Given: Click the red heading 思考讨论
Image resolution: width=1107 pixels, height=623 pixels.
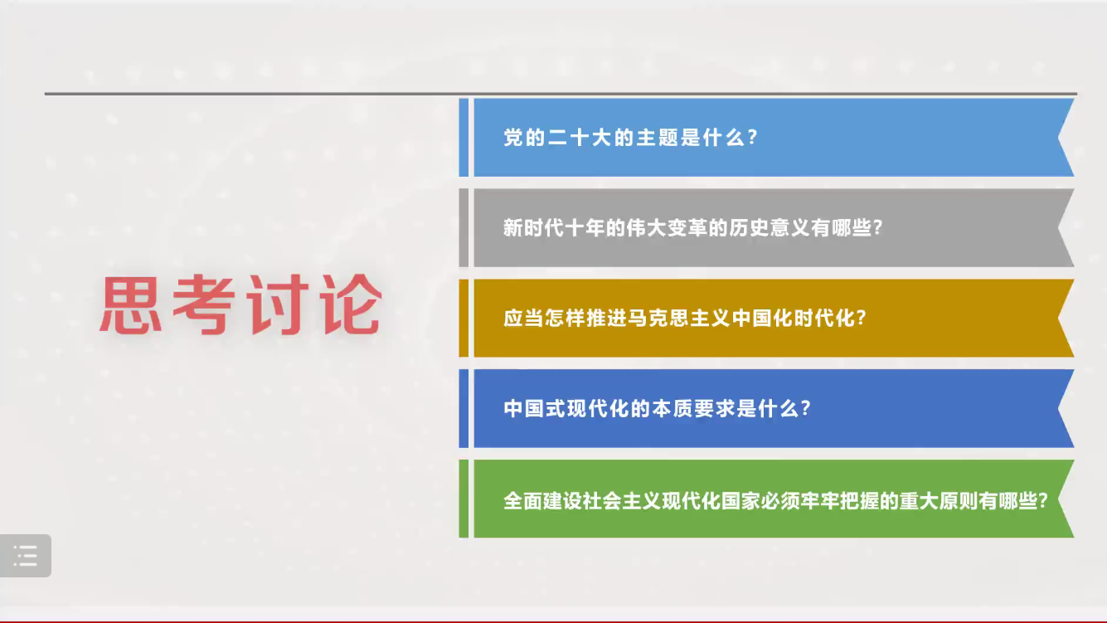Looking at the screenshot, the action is point(240,304).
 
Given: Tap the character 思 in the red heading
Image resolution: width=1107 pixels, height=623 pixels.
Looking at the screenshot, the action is point(131,304).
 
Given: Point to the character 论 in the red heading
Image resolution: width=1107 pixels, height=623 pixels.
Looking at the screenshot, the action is point(351,304).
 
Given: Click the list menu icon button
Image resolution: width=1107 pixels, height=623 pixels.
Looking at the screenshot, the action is point(25,556).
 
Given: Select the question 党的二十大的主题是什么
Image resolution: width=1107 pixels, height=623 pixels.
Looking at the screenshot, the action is point(630,138).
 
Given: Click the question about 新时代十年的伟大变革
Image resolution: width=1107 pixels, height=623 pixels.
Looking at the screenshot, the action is point(693,228).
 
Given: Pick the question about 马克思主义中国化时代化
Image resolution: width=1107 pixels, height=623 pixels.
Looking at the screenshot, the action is point(685,318).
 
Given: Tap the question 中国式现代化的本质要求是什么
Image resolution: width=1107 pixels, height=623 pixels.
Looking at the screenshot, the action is point(658,408).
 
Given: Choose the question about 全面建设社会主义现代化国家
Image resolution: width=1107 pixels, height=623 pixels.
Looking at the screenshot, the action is point(775,501).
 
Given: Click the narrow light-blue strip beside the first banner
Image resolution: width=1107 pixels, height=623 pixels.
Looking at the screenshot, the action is point(464,138).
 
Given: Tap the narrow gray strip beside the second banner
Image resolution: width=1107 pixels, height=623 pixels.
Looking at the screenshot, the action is point(464,228).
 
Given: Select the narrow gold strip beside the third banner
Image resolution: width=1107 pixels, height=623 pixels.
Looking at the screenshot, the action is point(464,318).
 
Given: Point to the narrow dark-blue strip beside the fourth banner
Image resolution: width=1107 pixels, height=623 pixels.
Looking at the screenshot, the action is point(464,408).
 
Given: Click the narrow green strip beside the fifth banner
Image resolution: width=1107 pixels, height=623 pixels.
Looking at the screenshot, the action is point(464,499).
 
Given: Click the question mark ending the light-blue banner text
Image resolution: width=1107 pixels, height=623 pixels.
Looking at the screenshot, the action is point(753,138).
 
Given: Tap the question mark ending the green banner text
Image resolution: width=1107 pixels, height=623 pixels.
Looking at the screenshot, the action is point(1043,501).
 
